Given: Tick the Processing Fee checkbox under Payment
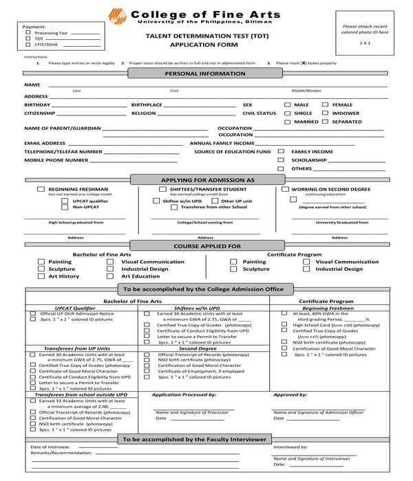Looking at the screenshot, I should pos(28,32).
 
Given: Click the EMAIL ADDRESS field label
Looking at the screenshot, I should pos(45,143).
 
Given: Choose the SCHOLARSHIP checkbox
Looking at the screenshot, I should pos(281,159).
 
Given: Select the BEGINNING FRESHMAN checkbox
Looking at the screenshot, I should pos(41,189).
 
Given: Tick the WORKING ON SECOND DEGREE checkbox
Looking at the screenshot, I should pos(285,189).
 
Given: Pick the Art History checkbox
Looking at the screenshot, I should pos(41,276).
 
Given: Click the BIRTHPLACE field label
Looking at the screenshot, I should pos(147,105).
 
